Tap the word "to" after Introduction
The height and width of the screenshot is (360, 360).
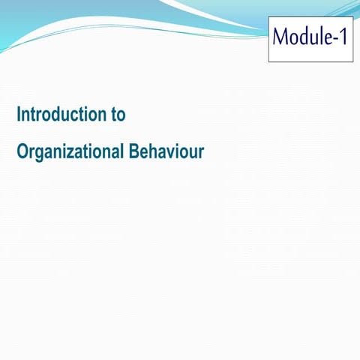(x=118, y=115)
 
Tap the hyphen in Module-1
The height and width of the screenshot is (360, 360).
(x=334, y=37)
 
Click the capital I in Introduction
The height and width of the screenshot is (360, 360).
(x=19, y=115)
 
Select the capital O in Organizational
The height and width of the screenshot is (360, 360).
(x=22, y=151)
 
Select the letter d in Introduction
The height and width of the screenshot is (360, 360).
(x=58, y=115)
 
